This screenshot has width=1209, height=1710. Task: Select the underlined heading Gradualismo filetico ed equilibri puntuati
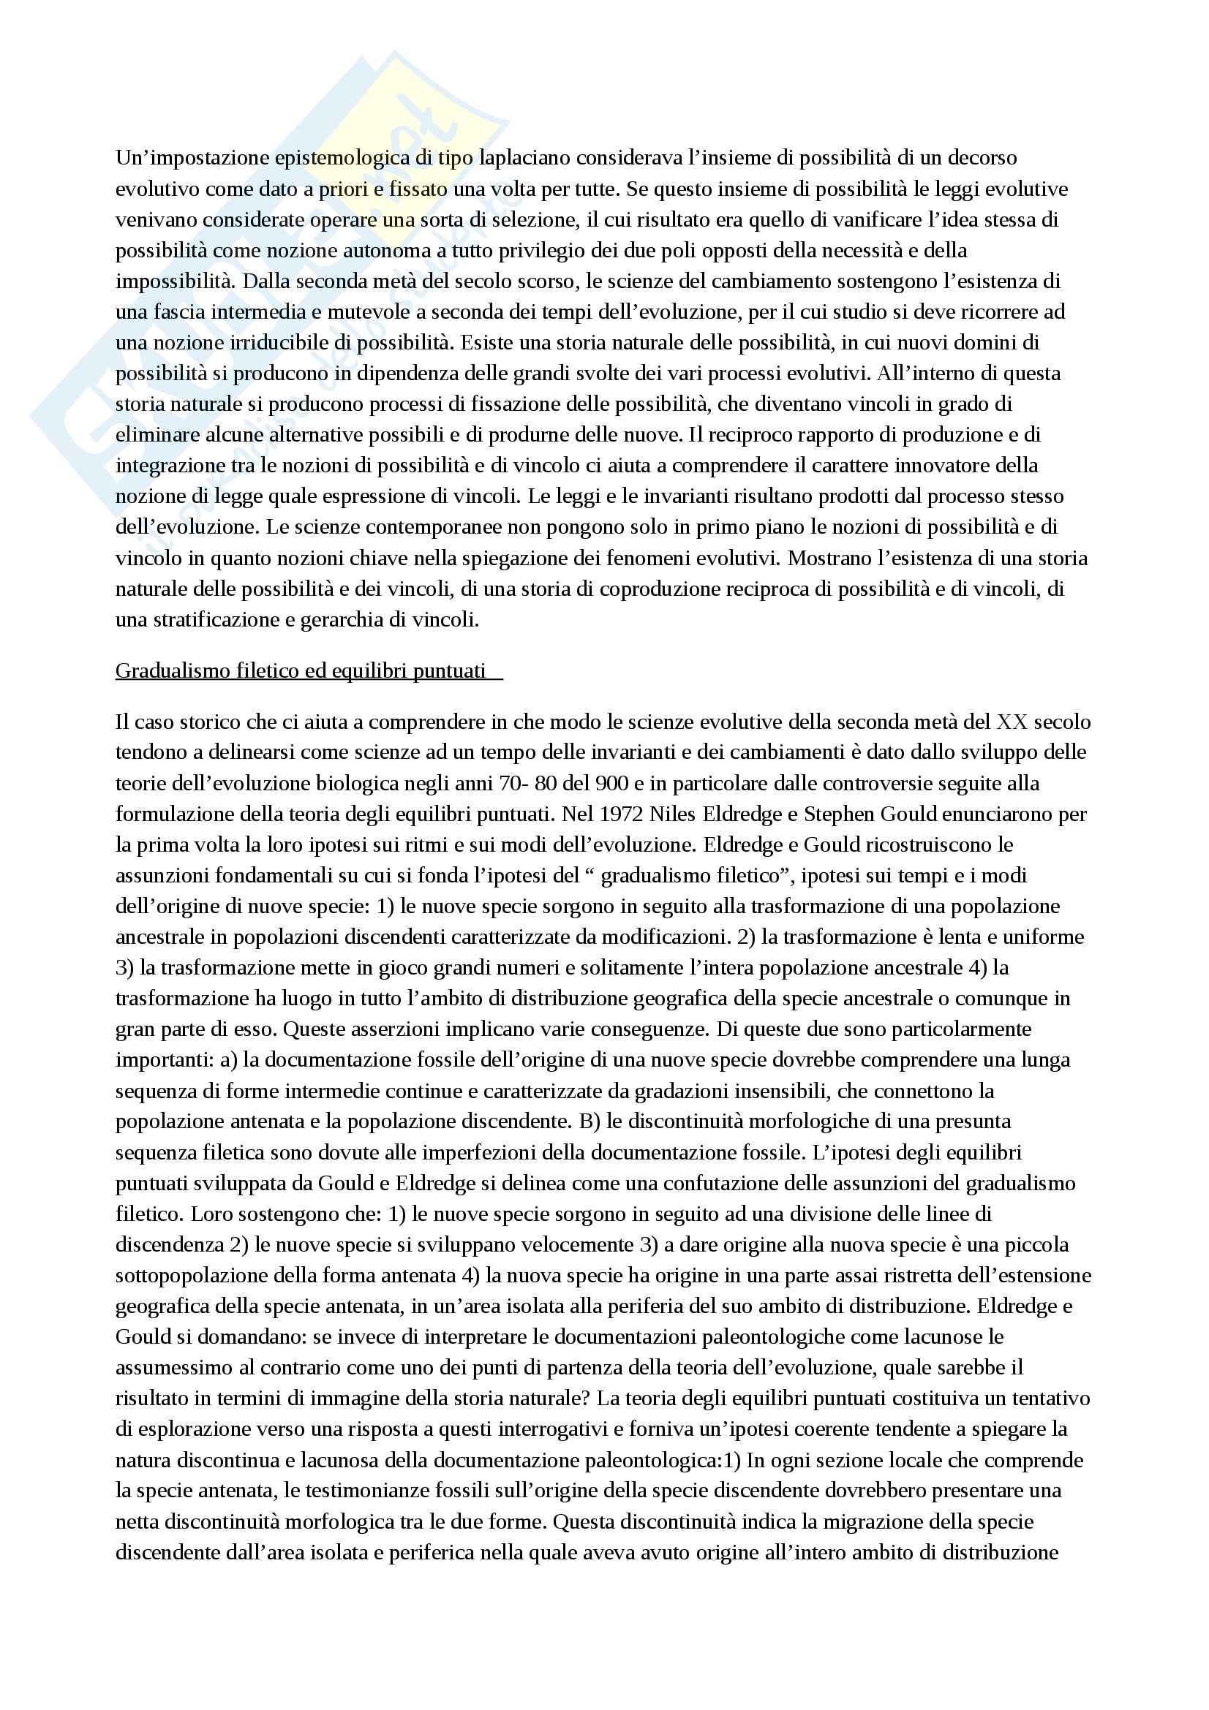301,670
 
